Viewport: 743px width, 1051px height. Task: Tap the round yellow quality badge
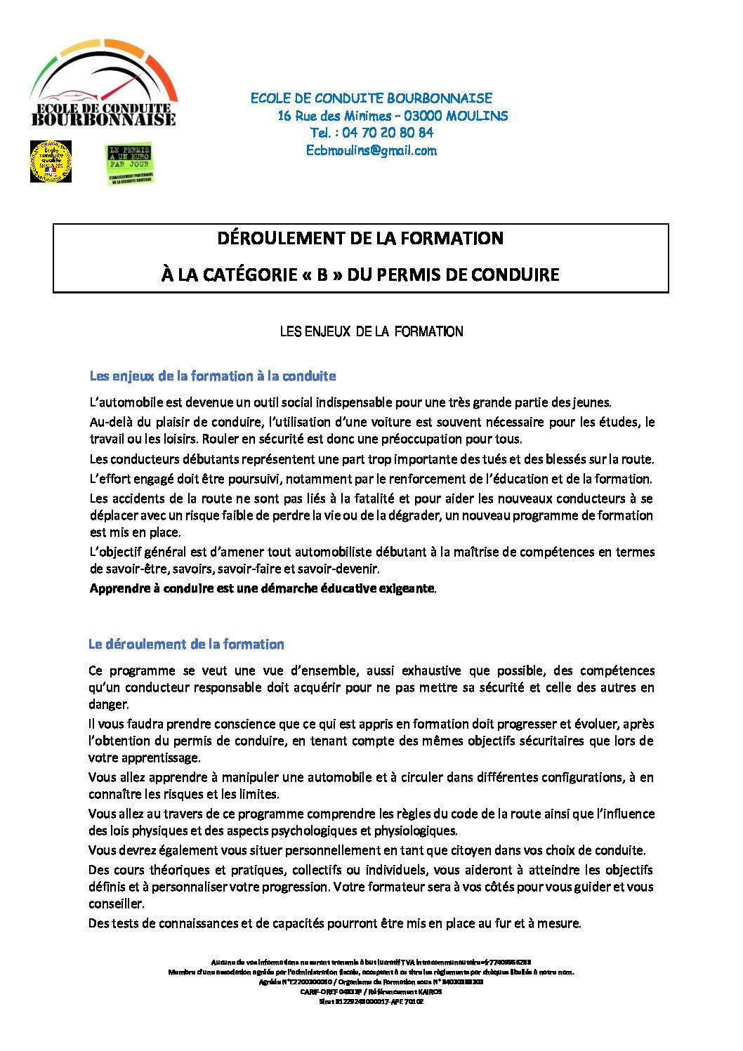click(x=51, y=161)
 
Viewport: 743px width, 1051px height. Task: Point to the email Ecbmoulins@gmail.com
click(x=371, y=150)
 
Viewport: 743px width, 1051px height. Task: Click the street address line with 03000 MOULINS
click(x=393, y=116)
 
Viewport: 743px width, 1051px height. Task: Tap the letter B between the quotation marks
click(x=322, y=275)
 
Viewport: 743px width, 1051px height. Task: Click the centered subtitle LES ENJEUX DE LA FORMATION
click(x=371, y=331)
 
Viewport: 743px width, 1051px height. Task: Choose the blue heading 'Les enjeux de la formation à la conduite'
click(x=213, y=376)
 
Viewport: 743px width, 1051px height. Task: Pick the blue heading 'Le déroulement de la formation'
click(x=186, y=645)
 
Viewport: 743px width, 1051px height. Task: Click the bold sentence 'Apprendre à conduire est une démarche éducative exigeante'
click(x=262, y=588)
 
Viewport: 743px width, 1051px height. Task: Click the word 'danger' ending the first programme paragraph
click(x=107, y=704)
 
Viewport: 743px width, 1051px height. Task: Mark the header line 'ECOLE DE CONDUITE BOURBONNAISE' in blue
click(x=371, y=98)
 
